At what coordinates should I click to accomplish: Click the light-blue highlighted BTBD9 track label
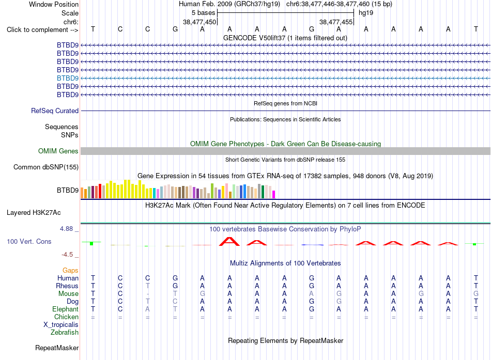[68, 79]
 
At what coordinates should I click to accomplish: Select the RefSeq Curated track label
[55, 111]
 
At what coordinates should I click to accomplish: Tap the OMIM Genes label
[58, 151]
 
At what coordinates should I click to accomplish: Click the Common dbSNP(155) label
[46, 167]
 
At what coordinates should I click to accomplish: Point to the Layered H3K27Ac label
[34, 213]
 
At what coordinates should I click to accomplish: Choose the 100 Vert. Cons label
[29, 242]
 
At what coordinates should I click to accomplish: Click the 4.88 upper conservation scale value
[66, 229]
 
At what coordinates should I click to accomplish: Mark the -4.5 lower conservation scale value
[67, 255]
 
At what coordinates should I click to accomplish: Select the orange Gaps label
[70, 271]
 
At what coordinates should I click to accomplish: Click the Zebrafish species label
[65, 333]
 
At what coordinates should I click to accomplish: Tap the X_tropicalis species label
[61, 325]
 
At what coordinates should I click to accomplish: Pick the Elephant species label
[66, 309]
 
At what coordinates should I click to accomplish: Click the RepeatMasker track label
[57, 348]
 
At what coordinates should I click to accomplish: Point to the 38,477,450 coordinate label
[200, 22]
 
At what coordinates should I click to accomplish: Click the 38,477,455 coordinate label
[336, 22]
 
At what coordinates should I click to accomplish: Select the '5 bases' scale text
[204, 13]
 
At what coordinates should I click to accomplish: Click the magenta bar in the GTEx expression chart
[274, 194]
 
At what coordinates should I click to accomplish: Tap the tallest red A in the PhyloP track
[229, 242]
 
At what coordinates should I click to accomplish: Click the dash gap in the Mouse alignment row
[147, 294]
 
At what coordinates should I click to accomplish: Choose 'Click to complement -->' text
[42, 30]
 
